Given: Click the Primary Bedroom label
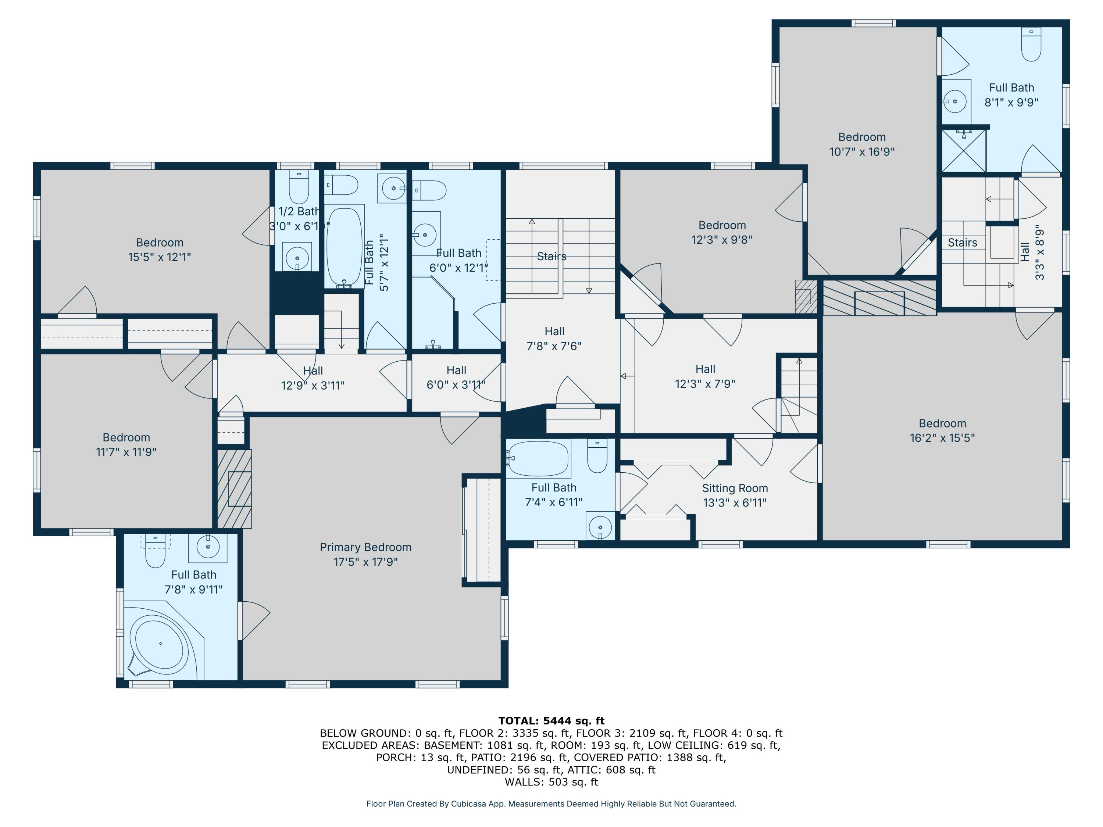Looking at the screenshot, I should pyautogui.click(x=365, y=547).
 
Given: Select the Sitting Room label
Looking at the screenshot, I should pyautogui.click(x=735, y=488).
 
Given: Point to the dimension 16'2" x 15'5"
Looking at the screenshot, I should pyautogui.click(x=942, y=438).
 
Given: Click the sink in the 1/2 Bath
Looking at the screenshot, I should pyautogui.click(x=297, y=258).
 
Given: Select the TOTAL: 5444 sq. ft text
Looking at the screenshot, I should pyautogui.click(x=551, y=720).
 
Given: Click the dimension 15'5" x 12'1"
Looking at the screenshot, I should pyautogui.click(x=160, y=257).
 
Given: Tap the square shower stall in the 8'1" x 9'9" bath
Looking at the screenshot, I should pyautogui.click(x=963, y=150).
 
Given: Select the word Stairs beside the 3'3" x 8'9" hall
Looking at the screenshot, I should pyautogui.click(x=962, y=243).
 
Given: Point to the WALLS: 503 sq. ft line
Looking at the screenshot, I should pyautogui.click(x=551, y=782).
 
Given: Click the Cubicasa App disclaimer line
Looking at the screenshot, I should pyautogui.click(x=551, y=803).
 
